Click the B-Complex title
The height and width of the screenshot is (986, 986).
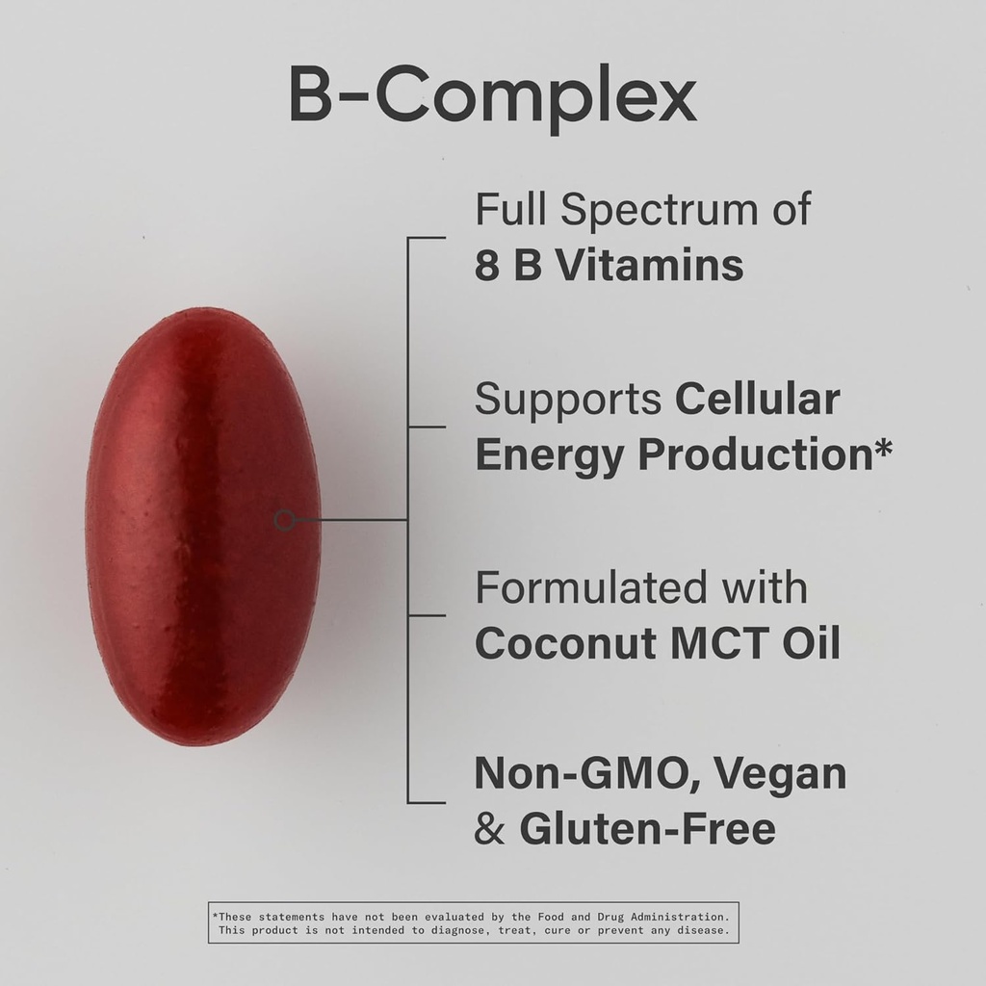pyautogui.click(x=492, y=97)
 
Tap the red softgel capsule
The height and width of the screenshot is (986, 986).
pyautogui.click(x=203, y=525)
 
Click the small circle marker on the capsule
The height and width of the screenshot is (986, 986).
pyautogui.click(x=284, y=520)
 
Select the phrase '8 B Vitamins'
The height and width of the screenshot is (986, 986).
pyautogui.click(x=609, y=266)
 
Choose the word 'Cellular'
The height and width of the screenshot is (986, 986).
pyautogui.click(x=757, y=399)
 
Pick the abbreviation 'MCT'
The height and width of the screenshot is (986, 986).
pyautogui.click(x=727, y=644)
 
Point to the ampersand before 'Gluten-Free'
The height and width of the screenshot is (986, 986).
pyautogui.click(x=489, y=829)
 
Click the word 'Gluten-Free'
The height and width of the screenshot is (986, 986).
pyautogui.click(x=647, y=829)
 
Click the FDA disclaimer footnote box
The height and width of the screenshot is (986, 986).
pyautogui.click(x=473, y=922)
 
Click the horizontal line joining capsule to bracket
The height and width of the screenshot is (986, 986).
pyautogui.click(x=351, y=520)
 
